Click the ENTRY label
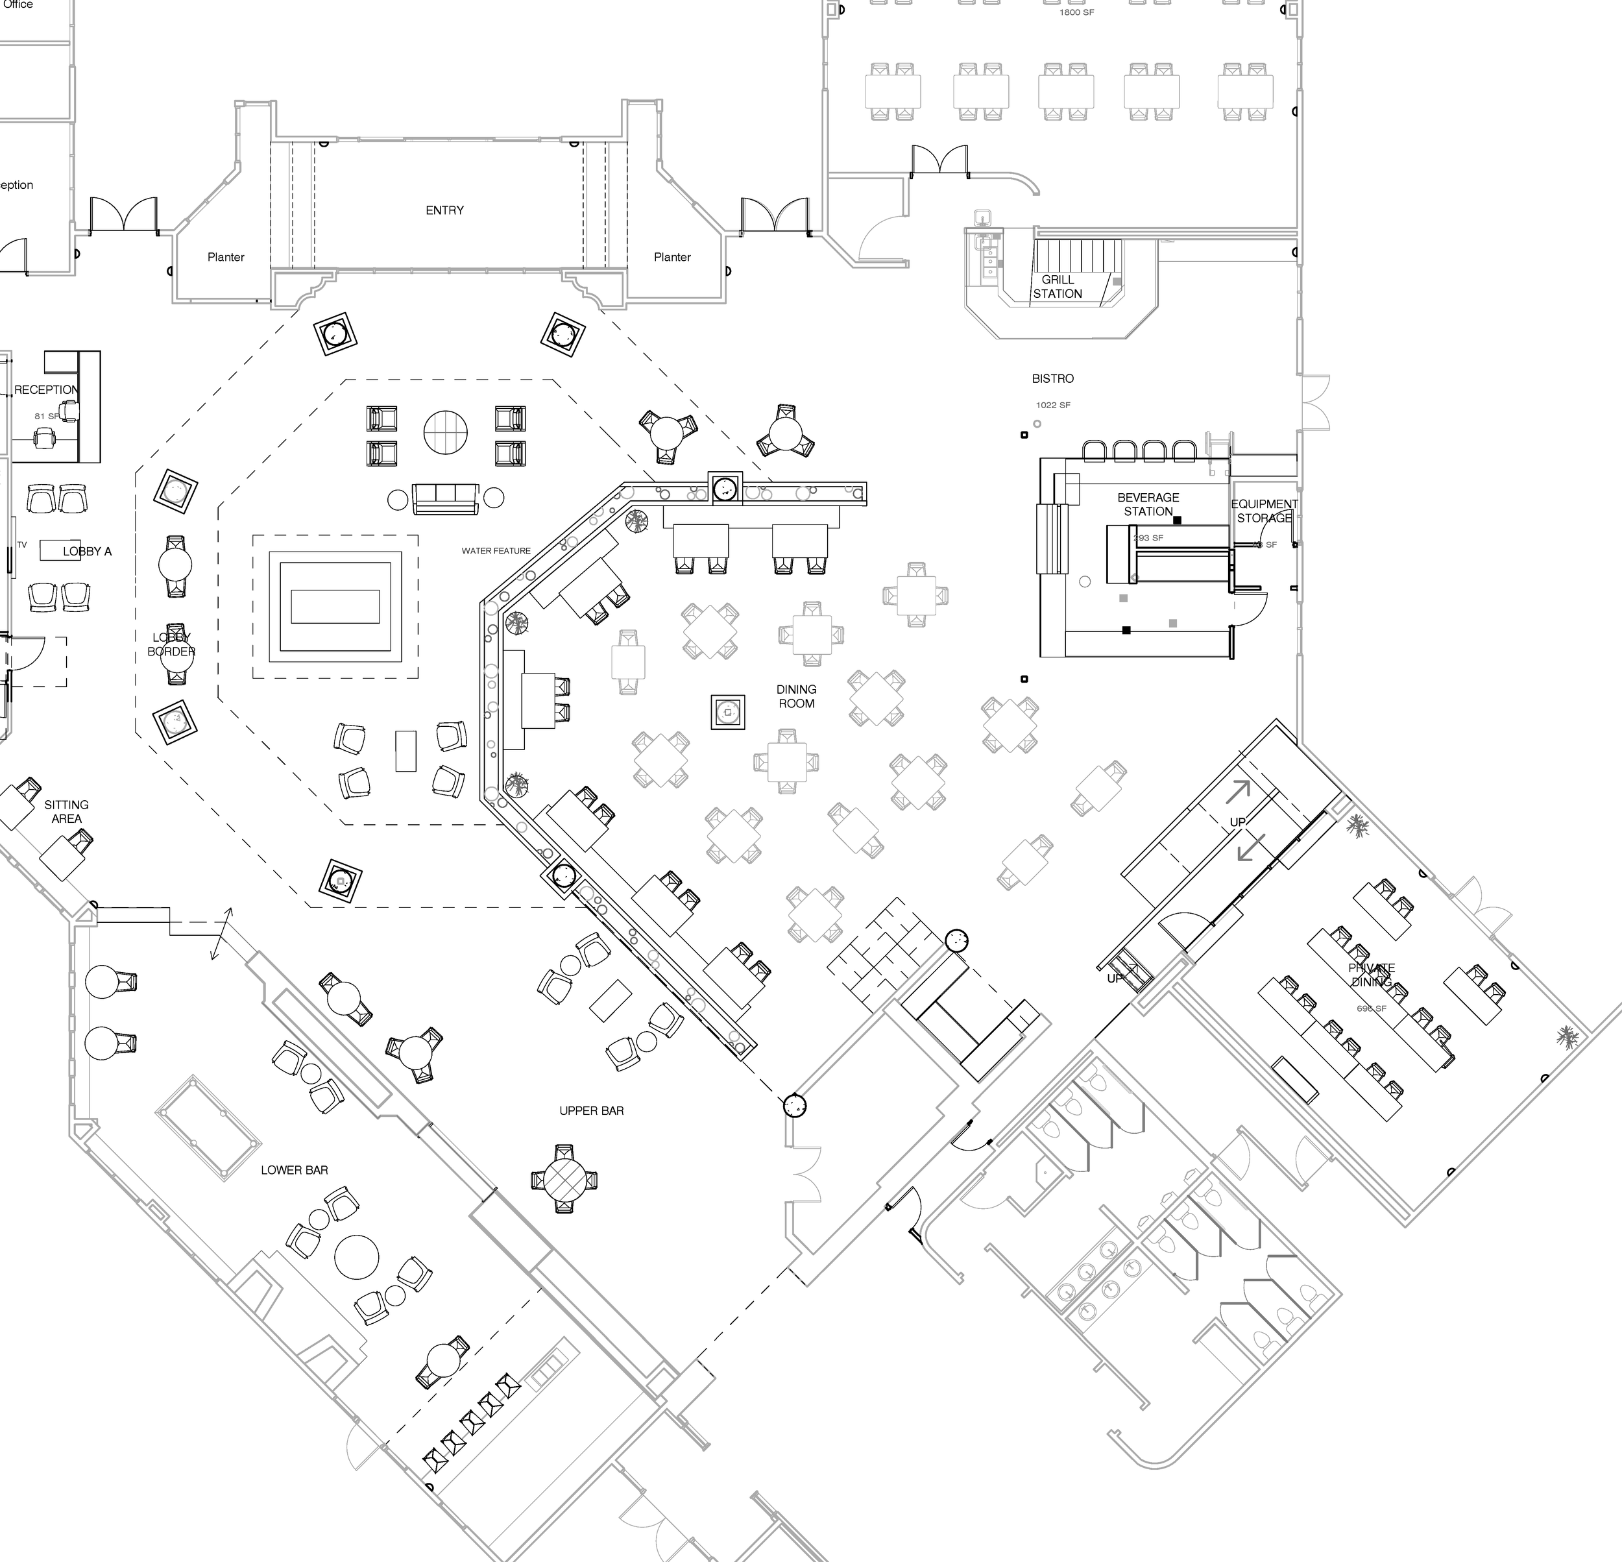click(x=444, y=210)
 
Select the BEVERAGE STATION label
click(x=1148, y=504)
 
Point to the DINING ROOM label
click(x=796, y=696)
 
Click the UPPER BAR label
click(x=591, y=1111)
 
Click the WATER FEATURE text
click(x=496, y=550)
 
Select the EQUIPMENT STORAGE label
click(x=1264, y=511)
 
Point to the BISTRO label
click(x=1052, y=378)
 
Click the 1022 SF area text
click(x=1052, y=406)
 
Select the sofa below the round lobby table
click(x=445, y=498)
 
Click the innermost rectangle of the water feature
click(x=335, y=607)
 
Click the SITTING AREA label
click(x=66, y=811)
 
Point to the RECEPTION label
click(x=46, y=390)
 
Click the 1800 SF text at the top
click(x=1076, y=12)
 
